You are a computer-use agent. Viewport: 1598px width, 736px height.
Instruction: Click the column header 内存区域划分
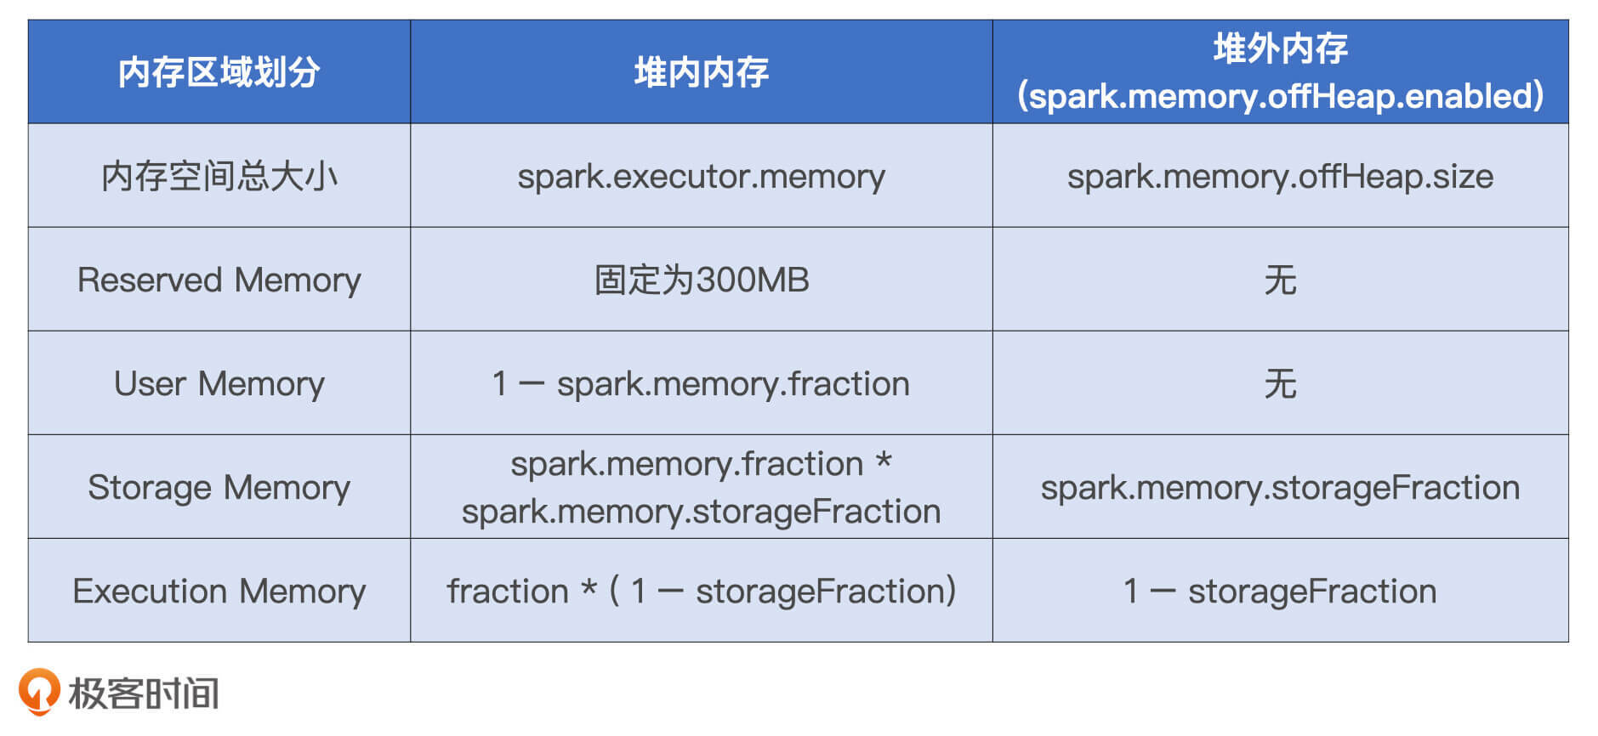(x=219, y=72)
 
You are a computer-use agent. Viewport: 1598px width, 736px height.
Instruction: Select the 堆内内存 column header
(x=701, y=72)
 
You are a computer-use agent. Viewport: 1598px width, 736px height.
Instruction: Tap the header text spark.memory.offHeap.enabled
(x=1280, y=96)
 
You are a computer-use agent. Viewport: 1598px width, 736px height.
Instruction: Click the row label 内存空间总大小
(x=219, y=176)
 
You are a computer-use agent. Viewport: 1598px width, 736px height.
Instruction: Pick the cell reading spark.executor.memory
(x=701, y=176)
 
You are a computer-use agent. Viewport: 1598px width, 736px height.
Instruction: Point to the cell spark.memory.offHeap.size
(x=1280, y=176)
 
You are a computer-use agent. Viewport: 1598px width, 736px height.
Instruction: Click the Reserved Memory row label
(x=219, y=280)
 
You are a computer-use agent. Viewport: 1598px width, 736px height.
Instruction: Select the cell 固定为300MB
(x=701, y=280)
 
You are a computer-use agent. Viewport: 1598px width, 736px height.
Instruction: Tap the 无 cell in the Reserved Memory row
(x=1280, y=280)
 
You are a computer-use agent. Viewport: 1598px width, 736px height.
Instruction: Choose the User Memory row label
(x=219, y=383)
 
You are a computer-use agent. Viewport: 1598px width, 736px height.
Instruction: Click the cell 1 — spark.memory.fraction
(x=701, y=383)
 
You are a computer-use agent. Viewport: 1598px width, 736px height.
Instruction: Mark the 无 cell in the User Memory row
(x=1280, y=383)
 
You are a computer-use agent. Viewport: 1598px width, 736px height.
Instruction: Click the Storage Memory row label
(x=219, y=487)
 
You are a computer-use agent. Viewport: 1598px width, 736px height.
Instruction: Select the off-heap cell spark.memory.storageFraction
(x=1280, y=487)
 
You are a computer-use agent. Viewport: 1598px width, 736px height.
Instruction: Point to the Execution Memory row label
(x=219, y=591)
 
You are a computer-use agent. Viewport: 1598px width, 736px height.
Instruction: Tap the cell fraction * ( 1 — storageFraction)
(x=701, y=591)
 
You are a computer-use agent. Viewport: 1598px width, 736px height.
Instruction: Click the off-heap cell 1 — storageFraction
(x=1280, y=591)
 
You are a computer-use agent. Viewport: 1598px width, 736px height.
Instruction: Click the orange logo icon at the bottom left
(x=39, y=690)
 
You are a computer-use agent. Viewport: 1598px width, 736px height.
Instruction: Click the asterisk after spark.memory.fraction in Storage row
(x=884, y=461)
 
